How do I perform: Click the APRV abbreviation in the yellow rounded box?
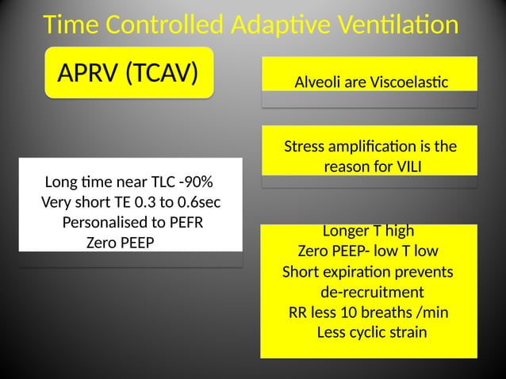coord(88,75)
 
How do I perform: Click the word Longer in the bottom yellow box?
coord(346,232)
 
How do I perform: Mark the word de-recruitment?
coord(371,292)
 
